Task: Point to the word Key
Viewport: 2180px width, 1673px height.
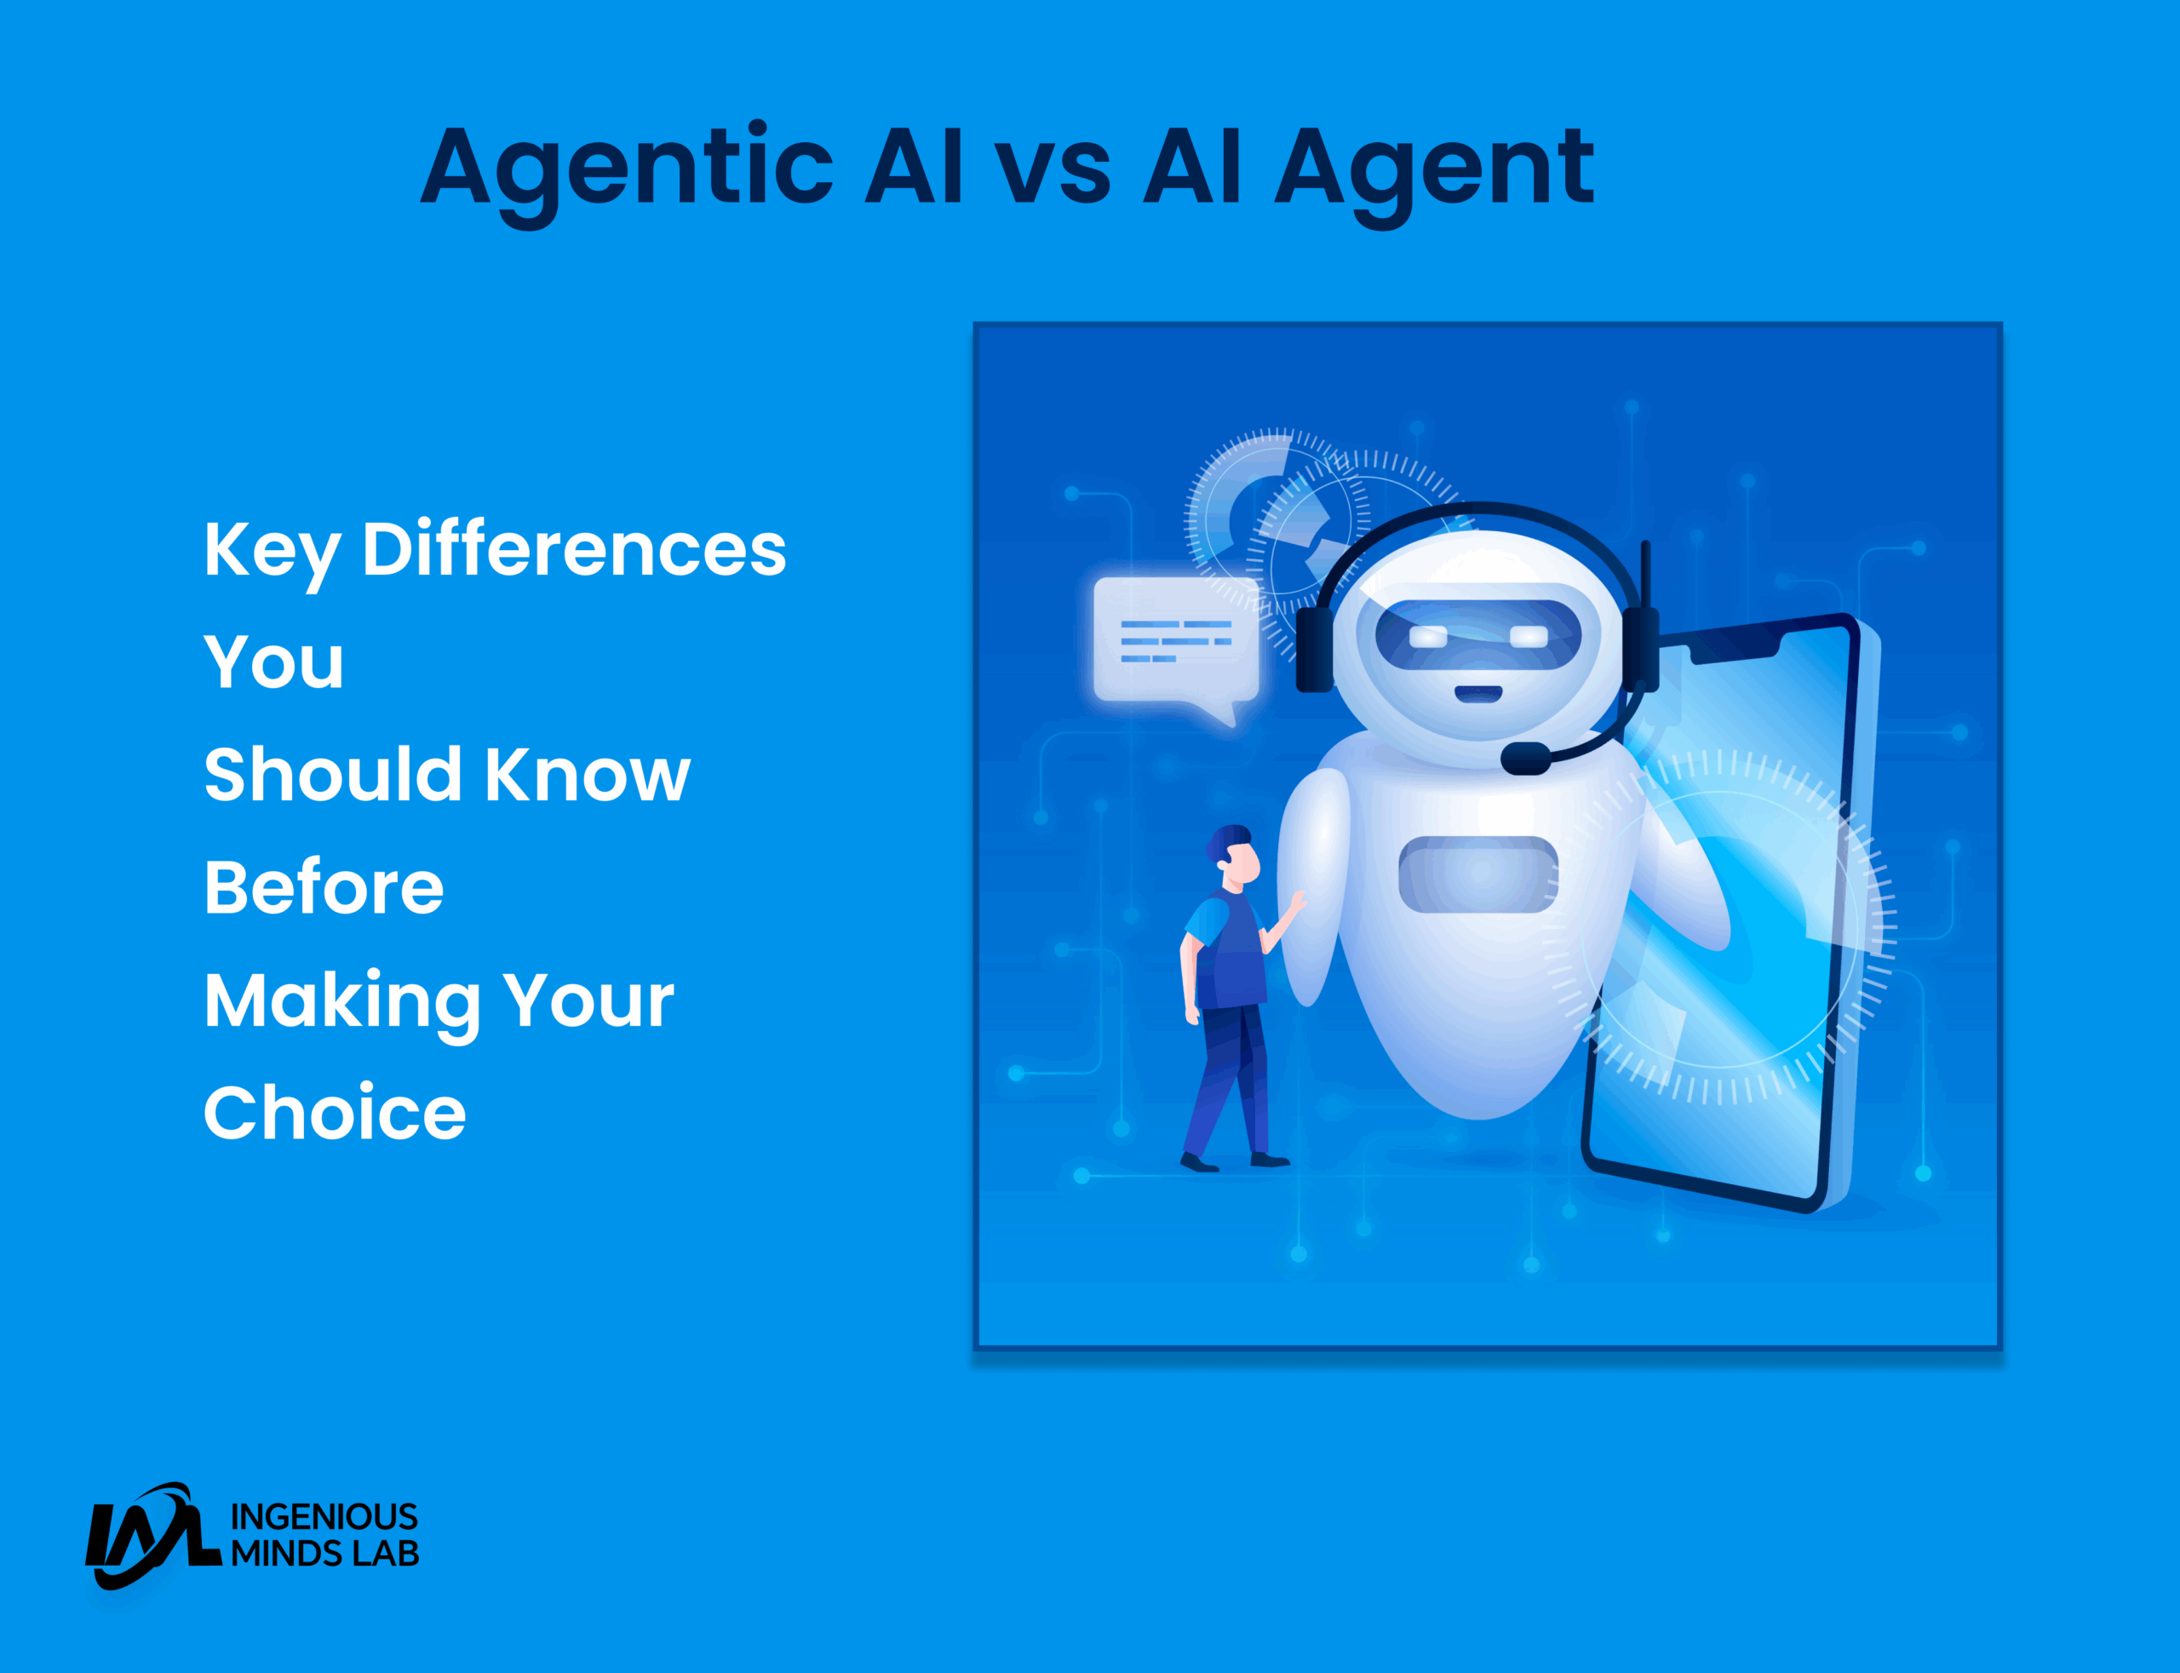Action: [x=272, y=553]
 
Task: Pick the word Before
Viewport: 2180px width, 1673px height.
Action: [x=324, y=886]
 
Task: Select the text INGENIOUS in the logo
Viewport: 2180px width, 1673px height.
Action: [x=324, y=1516]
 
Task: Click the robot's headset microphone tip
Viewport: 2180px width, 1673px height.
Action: [x=1524, y=759]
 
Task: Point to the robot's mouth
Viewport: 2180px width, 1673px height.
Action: [x=1478, y=693]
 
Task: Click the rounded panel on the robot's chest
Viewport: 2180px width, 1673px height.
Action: [x=1478, y=874]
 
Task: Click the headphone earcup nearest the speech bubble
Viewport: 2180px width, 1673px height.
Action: [x=1315, y=650]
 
